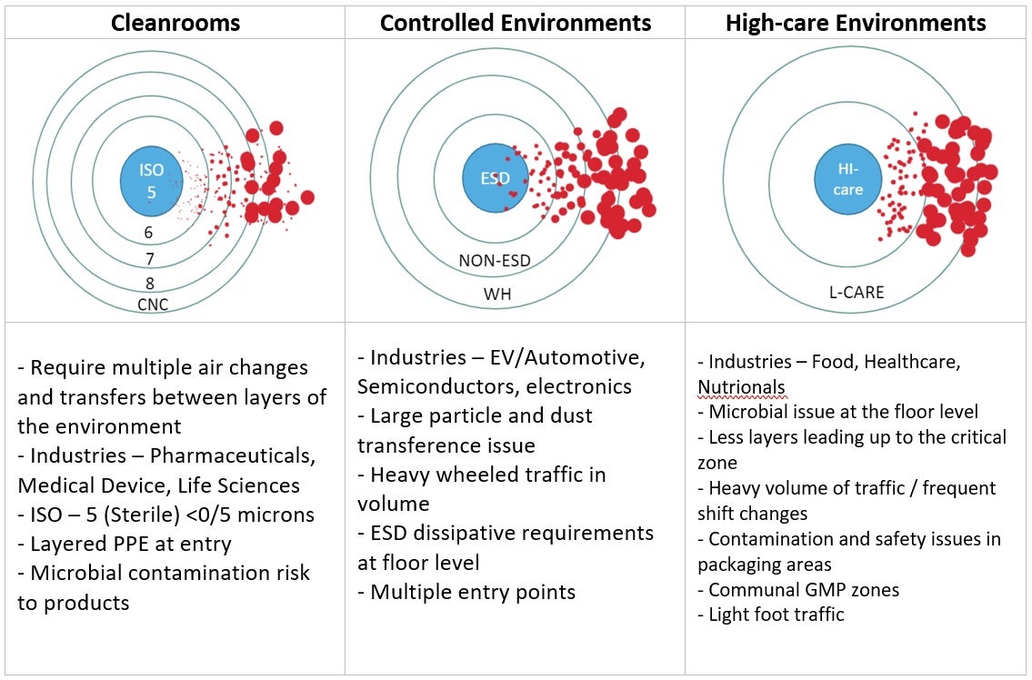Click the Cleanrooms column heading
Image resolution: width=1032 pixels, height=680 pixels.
[175, 23]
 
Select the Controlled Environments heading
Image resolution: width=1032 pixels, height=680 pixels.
[516, 23]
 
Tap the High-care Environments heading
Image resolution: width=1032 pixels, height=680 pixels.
[856, 23]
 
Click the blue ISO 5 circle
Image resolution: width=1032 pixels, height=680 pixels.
[152, 180]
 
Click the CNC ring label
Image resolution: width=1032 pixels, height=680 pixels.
[153, 304]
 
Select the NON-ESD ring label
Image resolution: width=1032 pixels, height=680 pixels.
[495, 261]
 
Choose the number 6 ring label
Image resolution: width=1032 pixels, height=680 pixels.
[149, 233]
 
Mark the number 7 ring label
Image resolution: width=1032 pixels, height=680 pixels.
[149, 259]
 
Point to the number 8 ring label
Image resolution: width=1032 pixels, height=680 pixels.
[149, 284]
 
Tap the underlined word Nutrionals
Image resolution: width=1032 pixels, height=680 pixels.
[741, 387]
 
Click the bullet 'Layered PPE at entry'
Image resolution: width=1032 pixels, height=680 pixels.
[125, 545]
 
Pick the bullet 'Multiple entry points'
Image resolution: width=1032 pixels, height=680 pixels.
[466, 592]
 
